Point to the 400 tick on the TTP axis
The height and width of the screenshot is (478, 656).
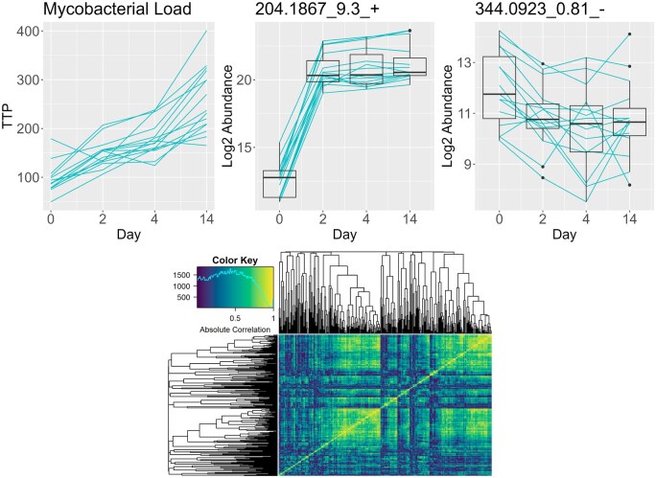29,32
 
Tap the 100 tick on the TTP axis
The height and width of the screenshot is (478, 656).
29,178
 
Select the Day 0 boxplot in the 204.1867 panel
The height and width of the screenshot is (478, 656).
279,183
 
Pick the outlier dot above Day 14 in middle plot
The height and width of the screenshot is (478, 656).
410,31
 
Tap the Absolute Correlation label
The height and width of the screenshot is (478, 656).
235,329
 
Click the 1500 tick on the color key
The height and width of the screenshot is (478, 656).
185,273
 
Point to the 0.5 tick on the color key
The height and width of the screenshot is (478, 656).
235,316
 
